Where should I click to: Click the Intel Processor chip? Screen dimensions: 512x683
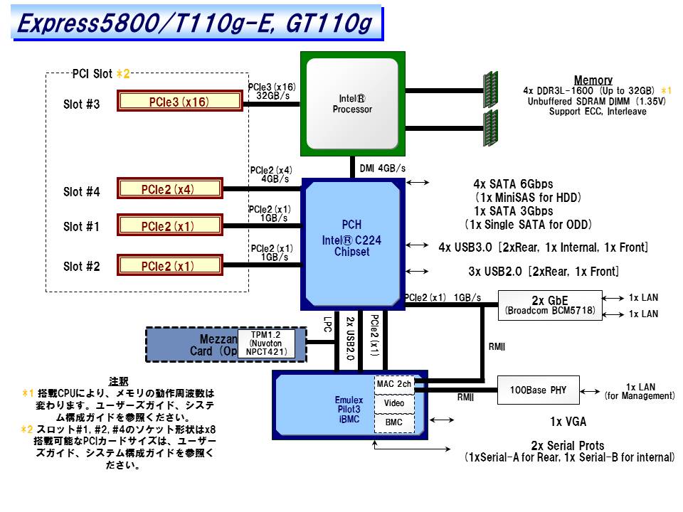[352, 104]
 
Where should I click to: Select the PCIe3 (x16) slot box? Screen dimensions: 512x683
[179, 102]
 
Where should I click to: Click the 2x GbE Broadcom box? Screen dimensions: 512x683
[550, 305]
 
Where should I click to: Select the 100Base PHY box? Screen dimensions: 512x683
[539, 390]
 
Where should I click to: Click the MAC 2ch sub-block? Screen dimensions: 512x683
[393, 384]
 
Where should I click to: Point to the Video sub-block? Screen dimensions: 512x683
[393, 403]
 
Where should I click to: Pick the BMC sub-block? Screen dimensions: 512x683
[393, 422]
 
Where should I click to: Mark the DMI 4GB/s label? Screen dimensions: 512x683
[382, 169]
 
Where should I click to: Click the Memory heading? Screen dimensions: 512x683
[593, 80]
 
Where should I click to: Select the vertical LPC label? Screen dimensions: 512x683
[327, 328]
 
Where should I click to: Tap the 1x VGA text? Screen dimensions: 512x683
[568, 422]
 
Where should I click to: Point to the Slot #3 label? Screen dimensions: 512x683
[82, 105]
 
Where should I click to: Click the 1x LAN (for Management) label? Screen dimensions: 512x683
[640, 391]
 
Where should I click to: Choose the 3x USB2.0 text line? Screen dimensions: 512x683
[544, 272]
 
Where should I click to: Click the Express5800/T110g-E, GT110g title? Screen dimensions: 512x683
[194, 23]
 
